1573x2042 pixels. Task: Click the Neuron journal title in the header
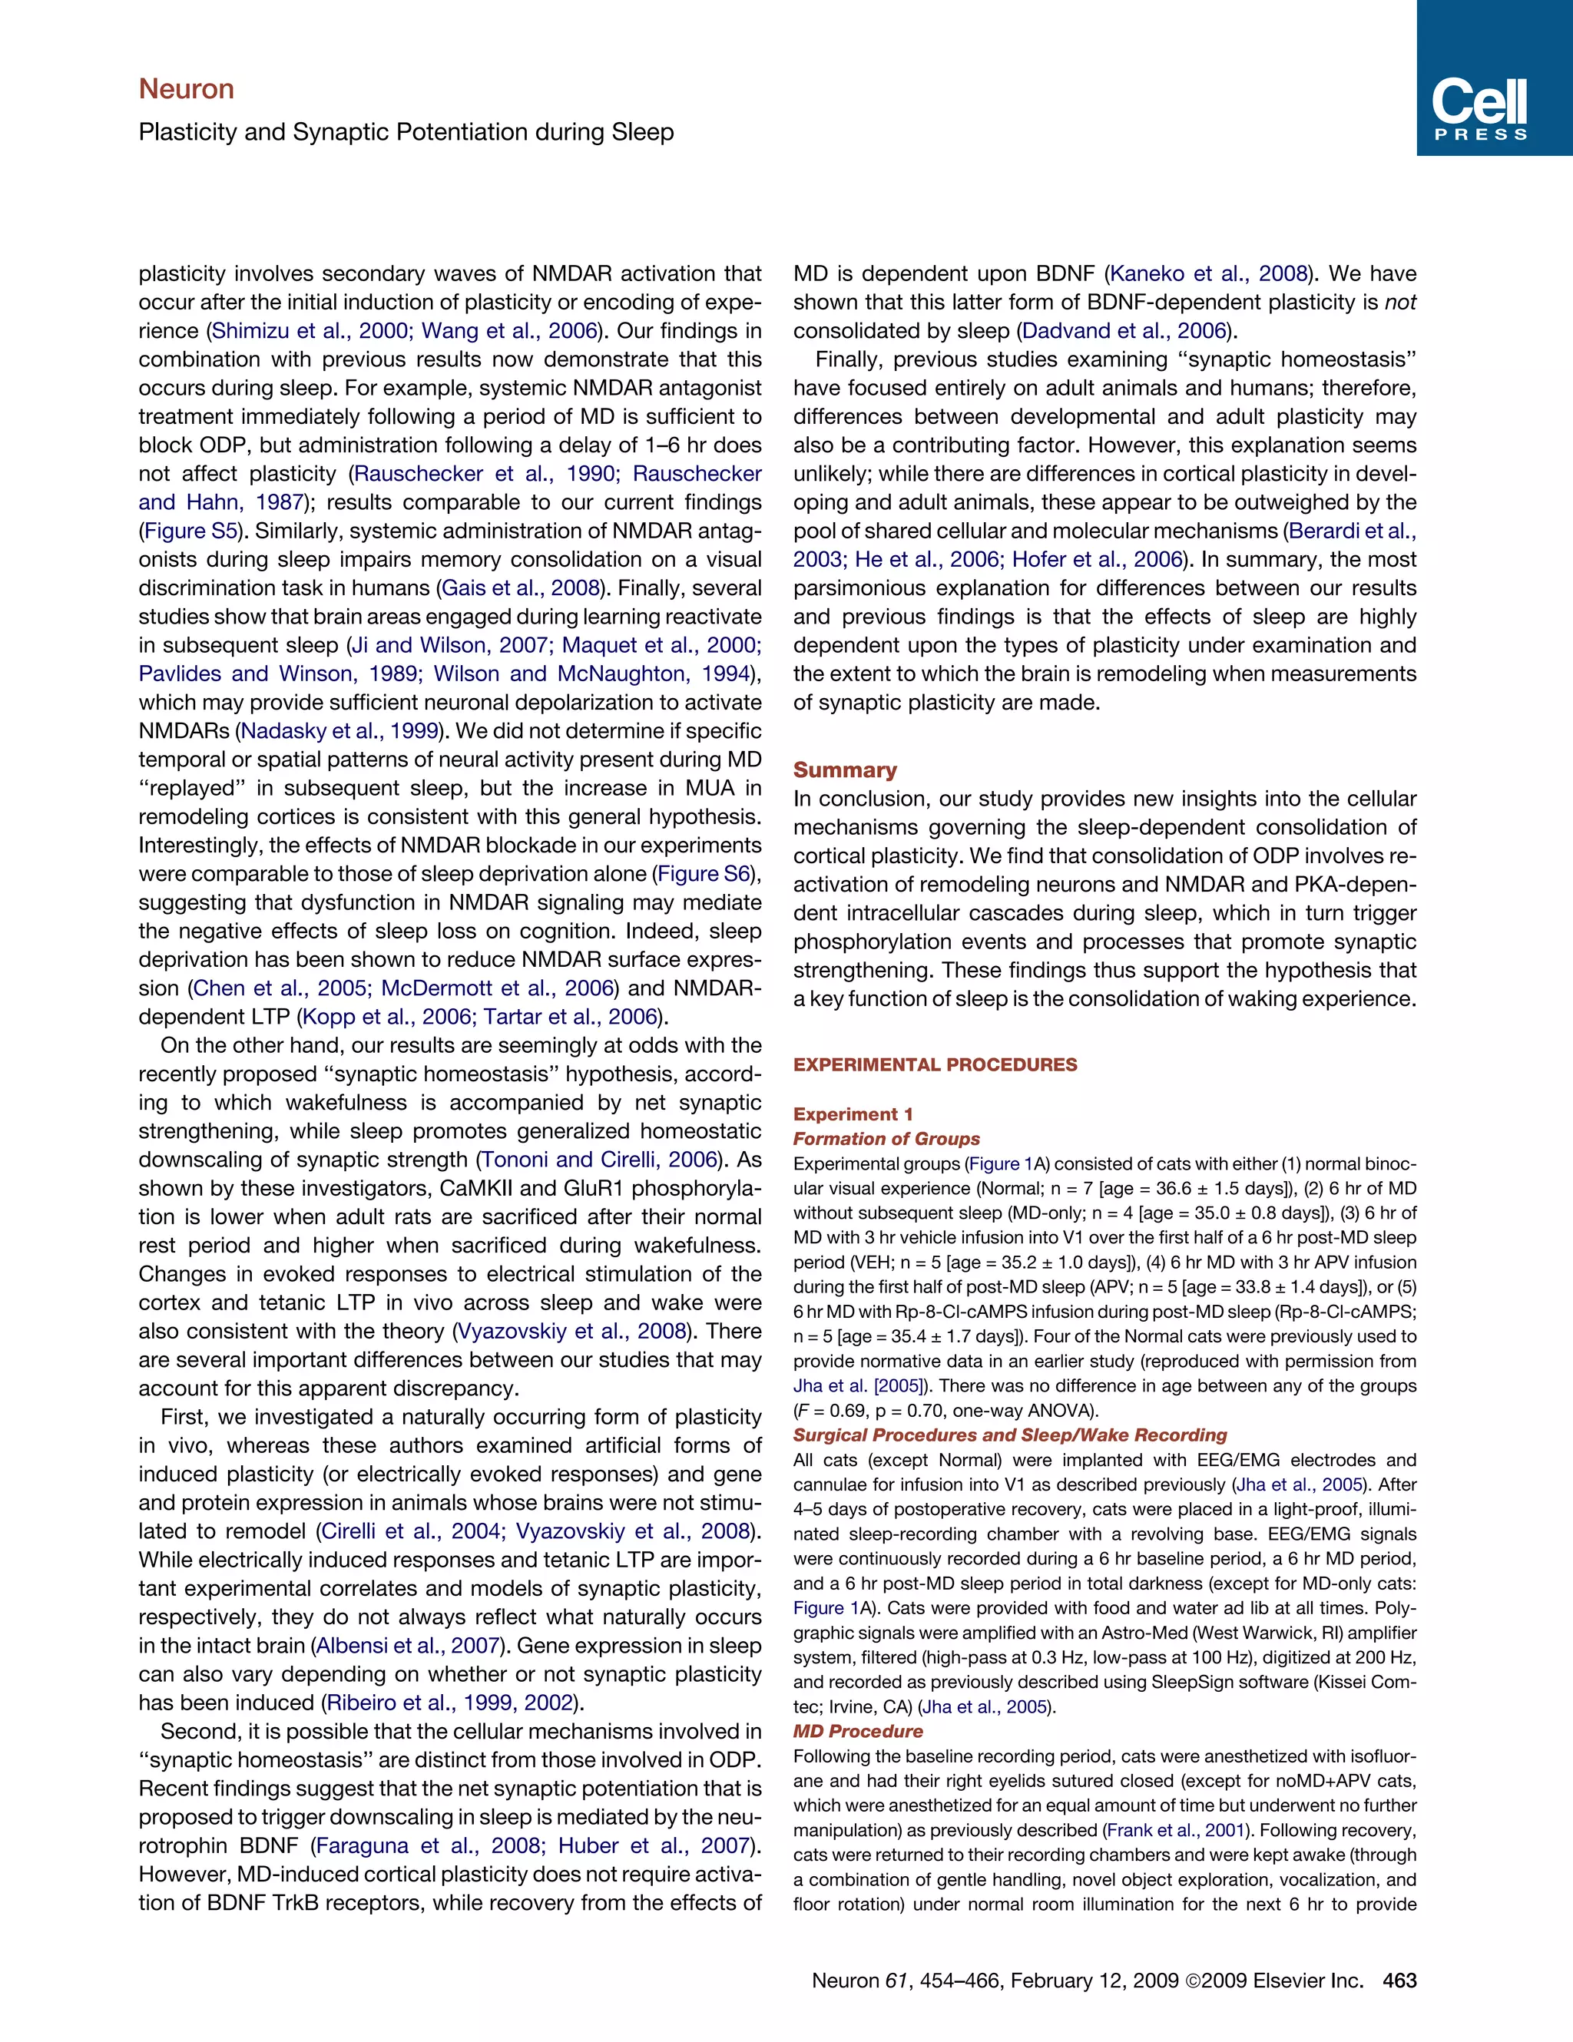(x=186, y=89)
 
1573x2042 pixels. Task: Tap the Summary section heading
(x=844, y=769)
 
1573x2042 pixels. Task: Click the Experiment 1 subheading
(x=853, y=1114)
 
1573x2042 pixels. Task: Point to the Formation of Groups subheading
(x=886, y=1138)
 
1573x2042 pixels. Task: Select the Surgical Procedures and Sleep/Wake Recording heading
(x=1009, y=1435)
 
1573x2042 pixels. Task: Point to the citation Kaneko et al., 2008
(x=1207, y=274)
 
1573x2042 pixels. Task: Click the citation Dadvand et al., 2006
(x=1123, y=331)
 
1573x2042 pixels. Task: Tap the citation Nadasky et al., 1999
(x=339, y=731)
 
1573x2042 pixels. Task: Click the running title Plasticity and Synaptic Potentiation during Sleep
(x=406, y=132)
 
